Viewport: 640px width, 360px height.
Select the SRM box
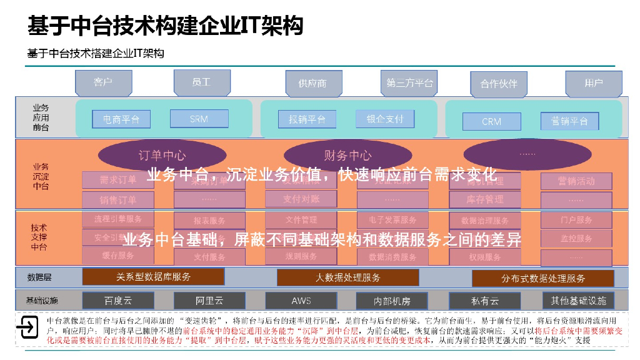[x=199, y=119]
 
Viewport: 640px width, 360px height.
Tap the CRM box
[x=491, y=121]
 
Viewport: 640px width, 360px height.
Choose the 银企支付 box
[x=384, y=119]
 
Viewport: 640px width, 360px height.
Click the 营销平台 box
[x=569, y=121]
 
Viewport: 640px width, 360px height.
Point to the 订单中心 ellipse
[x=161, y=156]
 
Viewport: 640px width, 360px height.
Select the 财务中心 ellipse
[x=347, y=156]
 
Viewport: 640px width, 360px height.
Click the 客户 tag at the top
[x=103, y=83]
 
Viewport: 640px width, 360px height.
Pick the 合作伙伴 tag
[x=499, y=84]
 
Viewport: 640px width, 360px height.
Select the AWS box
[x=301, y=301]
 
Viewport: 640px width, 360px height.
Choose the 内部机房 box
[x=392, y=301]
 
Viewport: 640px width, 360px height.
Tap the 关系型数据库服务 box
[x=153, y=277]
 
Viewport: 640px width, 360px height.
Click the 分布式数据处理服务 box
[x=542, y=278]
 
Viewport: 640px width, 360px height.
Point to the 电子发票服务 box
[x=392, y=220]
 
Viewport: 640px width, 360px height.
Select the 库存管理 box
[x=484, y=199]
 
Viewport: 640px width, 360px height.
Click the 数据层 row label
[x=39, y=277]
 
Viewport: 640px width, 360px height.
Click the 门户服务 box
[x=576, y=220]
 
